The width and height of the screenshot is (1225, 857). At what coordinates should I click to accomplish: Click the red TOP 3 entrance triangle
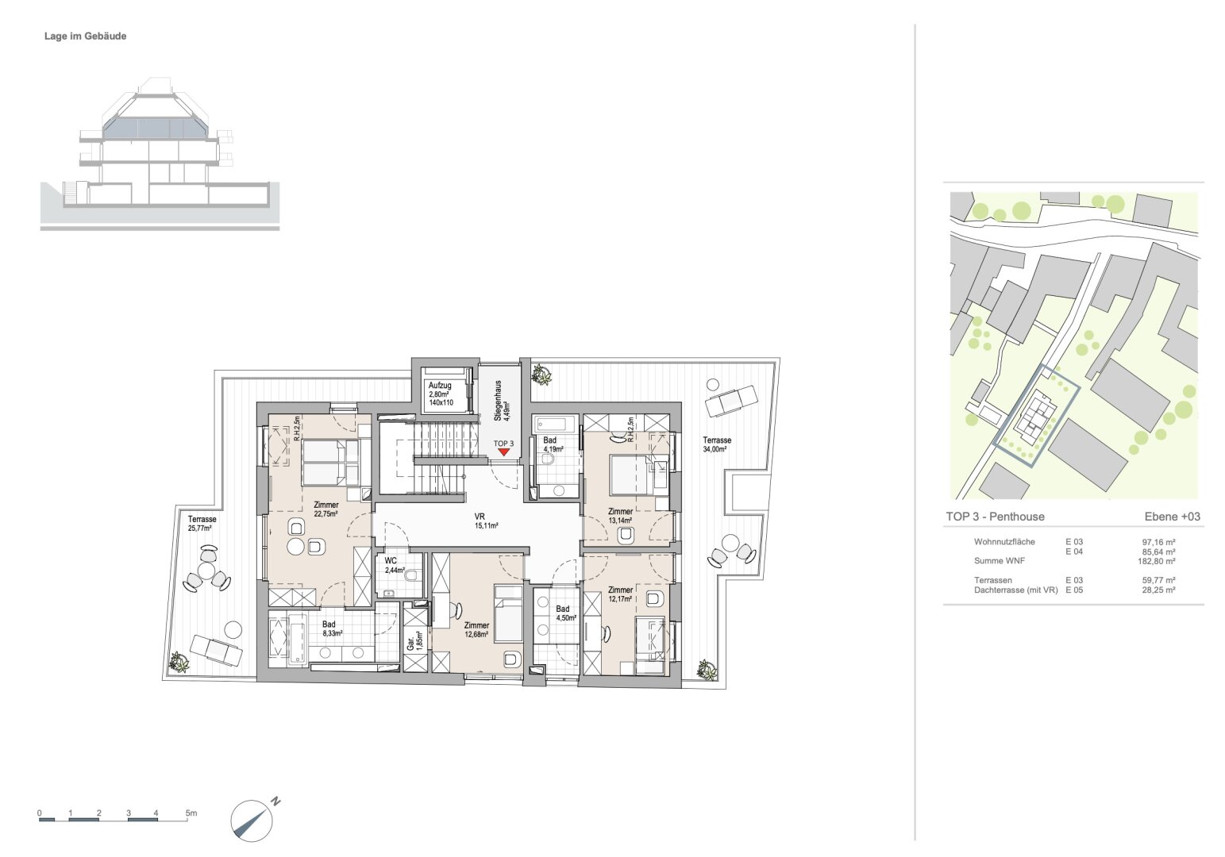503,452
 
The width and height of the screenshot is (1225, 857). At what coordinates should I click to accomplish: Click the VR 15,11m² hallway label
486,521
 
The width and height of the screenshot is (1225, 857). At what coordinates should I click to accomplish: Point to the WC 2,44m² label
395,565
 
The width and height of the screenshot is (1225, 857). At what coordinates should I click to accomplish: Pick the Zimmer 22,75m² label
326,509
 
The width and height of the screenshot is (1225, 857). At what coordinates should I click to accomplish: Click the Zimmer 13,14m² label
620,516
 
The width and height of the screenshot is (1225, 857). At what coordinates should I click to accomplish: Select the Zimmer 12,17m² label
620,594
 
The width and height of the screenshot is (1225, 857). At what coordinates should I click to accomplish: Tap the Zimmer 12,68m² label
476,629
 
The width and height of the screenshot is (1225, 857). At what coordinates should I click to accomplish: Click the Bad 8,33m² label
332,628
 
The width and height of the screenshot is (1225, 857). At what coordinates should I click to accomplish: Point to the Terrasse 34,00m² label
716,444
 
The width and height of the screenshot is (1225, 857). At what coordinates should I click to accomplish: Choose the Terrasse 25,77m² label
202,524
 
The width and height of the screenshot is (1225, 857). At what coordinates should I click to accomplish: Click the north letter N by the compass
275,801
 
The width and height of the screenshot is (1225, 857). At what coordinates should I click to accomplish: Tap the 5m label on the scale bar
191,813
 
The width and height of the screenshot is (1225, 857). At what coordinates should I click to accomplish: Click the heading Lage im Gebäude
85,36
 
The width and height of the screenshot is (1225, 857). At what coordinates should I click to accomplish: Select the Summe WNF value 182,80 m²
1158,561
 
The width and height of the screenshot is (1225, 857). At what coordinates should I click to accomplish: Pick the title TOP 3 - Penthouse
996,517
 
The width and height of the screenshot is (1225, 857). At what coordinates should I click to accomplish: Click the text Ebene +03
1173,517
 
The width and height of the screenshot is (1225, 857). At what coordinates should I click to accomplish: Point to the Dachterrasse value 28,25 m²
1161,590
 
